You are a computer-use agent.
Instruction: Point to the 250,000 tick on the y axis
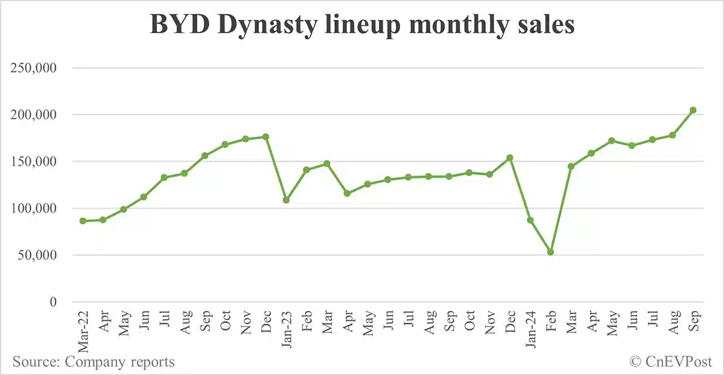pyautogui.click(x=34, y=68)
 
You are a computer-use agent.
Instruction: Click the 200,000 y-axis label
pyautogui.click(x=34, y=115)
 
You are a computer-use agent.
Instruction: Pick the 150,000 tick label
pyautogui.click(x=34, y=162)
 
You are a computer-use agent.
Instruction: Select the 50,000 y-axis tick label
pyautogui.click(x=37, y=255)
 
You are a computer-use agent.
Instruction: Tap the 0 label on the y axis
pyautogui.click(x=53, y=302)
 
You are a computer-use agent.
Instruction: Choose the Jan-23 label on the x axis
pyautogui.click(x=286, y=330)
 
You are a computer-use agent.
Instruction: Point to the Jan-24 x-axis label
pyautogui.click(x=530, y=330)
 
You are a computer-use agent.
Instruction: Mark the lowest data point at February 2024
pyautogui.click(x=550, y=252)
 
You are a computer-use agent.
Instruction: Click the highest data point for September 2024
pyautogui.click(x=693, y=110)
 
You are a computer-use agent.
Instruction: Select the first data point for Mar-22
pyautogui.click(x=83, y=221)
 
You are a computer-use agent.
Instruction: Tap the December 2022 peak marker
pyautogui.click(x=265, y=137)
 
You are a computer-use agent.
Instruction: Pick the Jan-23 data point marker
pyautogui.click(x=286, y=200)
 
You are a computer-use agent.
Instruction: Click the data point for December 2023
pyautogui.click(x=510, y=157)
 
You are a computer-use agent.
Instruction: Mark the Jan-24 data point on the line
pyautogui.click(x=530, y=220)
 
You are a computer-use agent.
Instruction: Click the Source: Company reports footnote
pyautogui.click(x=94, y=362)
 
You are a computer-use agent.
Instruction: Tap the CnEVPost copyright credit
pyautogui.click(x=671, y=362)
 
